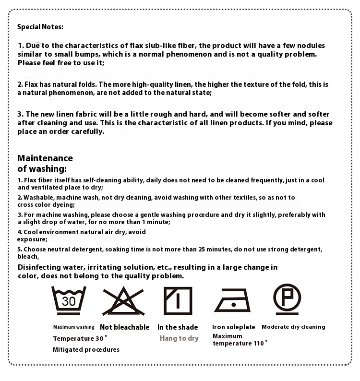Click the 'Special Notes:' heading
(40, 27)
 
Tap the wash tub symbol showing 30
(69, 300)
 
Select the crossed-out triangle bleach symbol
(123, 300)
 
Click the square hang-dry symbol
(178, 300)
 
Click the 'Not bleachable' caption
(124, 327)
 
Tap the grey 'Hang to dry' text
(179, 338)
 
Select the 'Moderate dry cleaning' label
(293, 327)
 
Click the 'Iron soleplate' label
(234, 327)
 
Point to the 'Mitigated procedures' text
(86, 350)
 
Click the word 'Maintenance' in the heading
(45, 158)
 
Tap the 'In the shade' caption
(178, 327)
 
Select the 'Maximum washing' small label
(73, 327)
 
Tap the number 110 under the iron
(258, 343)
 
